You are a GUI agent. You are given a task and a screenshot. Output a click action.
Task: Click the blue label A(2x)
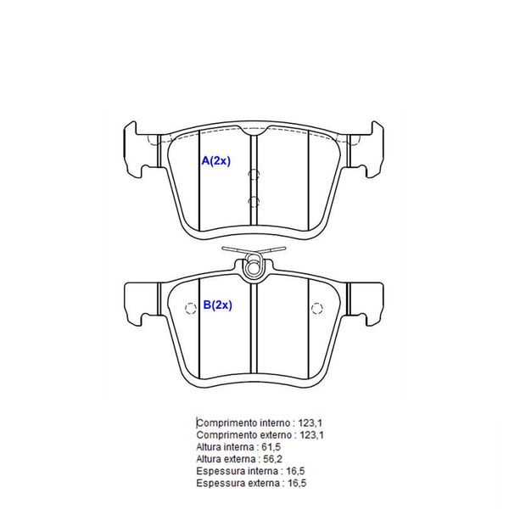[x=215, y=160]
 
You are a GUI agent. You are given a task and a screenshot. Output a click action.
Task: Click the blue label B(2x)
[x=217, y=305]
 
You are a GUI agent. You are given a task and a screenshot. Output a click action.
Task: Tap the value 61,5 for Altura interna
[x=271, y=447]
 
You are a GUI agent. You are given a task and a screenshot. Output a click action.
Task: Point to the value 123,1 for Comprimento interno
[x=310, y=423]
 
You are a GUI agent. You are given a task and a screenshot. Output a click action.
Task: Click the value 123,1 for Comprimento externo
[x=311, y=435]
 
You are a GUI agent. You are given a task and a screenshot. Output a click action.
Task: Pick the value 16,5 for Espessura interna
[x=295, y=471]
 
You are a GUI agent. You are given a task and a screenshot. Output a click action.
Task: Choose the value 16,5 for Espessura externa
[x=297, y=483]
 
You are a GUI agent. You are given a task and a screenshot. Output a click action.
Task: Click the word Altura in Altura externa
[x=209, y=459]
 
